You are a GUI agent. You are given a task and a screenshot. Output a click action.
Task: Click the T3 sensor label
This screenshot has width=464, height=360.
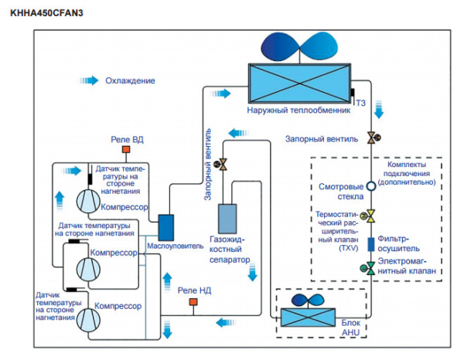(x=360, y=102)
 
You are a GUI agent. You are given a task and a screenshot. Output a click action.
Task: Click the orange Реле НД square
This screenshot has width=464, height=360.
(x=192, y=304)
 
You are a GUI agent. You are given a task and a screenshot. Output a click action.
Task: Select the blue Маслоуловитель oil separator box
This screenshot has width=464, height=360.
(x=169, y=226)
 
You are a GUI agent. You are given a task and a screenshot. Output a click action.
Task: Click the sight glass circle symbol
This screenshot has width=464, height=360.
(x=371, y=186)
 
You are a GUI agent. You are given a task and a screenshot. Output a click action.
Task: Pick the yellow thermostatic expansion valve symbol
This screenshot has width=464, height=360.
(x=371, y=215)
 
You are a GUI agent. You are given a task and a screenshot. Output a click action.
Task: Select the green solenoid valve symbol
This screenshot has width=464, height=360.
(x=371, y=268)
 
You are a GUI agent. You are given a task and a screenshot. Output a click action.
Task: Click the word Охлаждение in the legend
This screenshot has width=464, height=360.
(x=130, y=80)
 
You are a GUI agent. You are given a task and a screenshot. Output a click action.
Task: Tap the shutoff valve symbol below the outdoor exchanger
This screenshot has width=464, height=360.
(x=371, y=138)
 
